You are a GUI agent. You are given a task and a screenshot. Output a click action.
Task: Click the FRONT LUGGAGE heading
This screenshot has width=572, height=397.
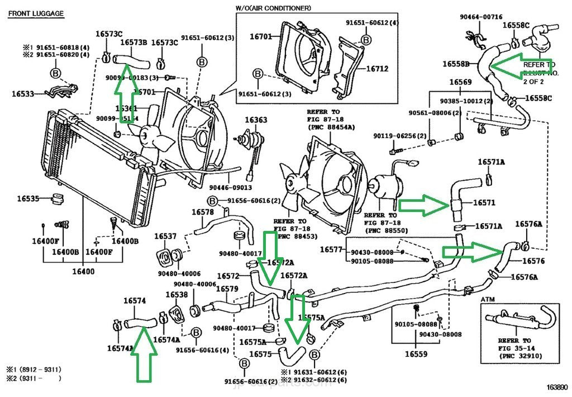point(36,13)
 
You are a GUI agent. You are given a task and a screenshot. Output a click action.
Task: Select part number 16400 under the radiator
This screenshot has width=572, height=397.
point(83,272)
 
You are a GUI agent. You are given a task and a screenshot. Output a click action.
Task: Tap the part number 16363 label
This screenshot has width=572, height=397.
point(256,120)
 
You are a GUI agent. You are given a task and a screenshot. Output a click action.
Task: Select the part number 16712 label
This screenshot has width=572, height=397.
point(377,69)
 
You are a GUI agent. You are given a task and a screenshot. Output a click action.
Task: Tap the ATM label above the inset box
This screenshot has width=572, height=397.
point(488,300)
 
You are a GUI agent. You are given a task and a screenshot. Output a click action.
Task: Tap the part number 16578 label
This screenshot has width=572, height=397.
point(203,212)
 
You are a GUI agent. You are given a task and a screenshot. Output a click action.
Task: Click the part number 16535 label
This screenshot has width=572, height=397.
point(28,198)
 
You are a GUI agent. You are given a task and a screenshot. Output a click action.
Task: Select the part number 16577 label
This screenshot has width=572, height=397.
point(331,249)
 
